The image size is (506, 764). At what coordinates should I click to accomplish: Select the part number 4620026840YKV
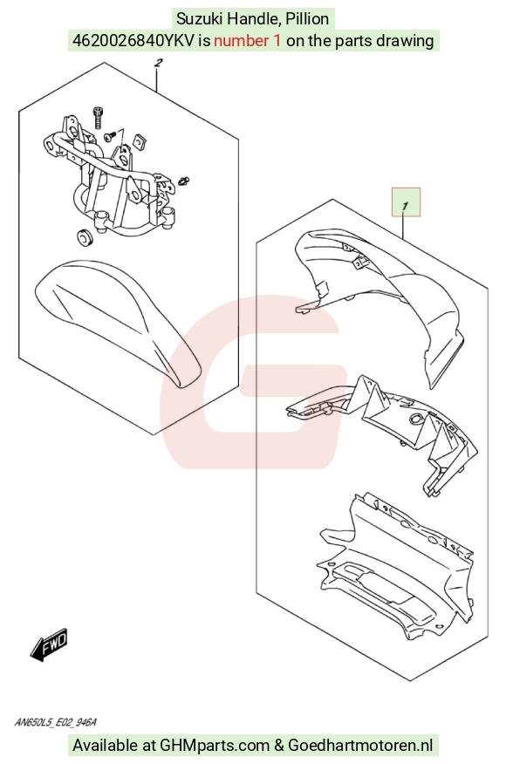point(133,40)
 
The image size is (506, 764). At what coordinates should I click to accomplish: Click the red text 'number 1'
point(247,40)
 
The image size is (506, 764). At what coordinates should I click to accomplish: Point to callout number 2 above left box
point(158,63)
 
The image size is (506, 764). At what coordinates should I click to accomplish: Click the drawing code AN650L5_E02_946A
point(55,721)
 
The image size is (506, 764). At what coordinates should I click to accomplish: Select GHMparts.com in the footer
point(215,745)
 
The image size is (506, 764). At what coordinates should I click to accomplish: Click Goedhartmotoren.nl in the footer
point(360,745)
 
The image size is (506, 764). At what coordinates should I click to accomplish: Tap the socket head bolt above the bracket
point(98,117)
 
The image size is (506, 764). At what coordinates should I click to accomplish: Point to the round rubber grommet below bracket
point(85,235)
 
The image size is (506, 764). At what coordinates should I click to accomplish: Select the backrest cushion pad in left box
point(119,319)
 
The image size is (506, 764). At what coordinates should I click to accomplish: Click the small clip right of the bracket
point(184,181)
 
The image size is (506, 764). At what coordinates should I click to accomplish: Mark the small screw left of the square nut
point(111,135)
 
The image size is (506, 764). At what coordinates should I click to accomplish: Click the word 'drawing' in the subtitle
point(407,40)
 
